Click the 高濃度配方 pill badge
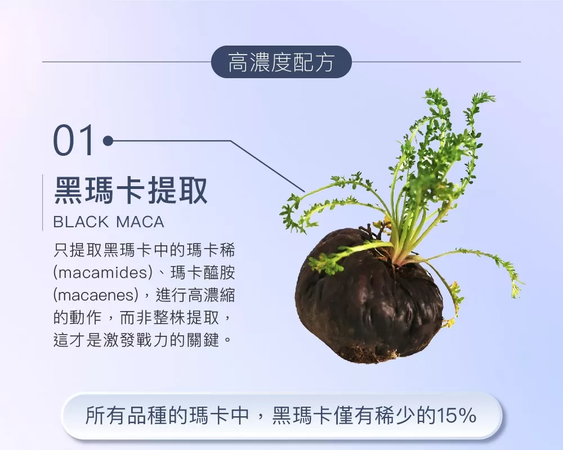pos(281,62)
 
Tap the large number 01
pos(74,140)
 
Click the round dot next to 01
pos(108,141)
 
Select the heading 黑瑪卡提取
pos(131,190)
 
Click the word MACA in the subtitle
pos(140,222)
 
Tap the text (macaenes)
pos(96,295)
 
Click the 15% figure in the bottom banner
pos(456,416)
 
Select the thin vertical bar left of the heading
pos(43,202)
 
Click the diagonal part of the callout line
pos(267,166)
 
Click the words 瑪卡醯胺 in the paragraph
pos(203,273)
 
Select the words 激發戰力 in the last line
pos(136,340)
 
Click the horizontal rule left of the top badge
pos(127,62)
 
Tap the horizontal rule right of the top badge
pos(436,62)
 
